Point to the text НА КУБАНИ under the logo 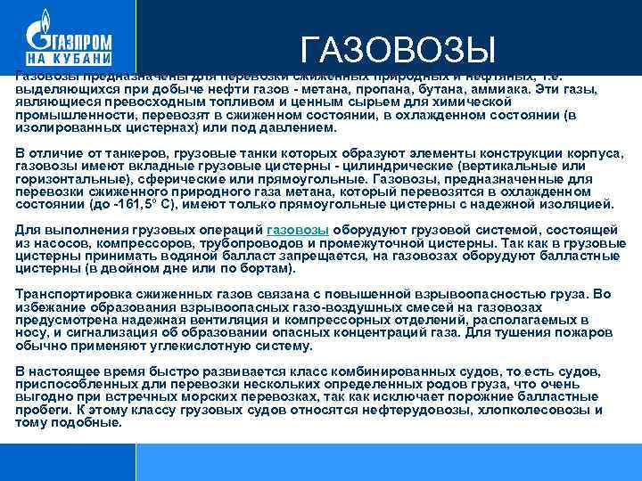pos(68,58)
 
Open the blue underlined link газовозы pos(298,230)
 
